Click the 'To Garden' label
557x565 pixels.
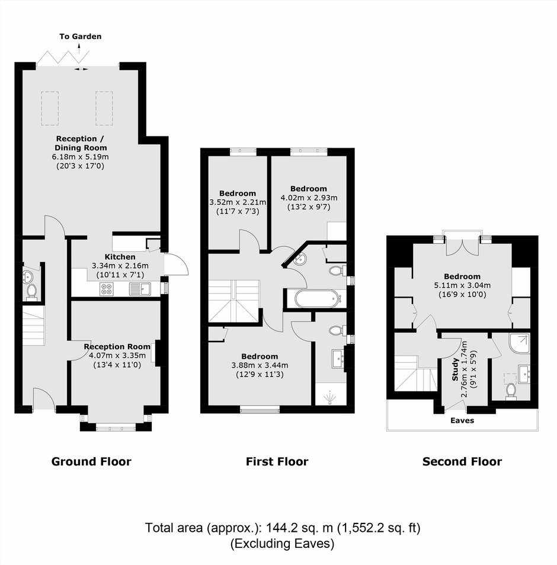coord(81,36)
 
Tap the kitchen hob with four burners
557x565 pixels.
coord(107,289)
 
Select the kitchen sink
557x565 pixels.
coord(140,289)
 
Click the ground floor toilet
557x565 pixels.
coord(31,292)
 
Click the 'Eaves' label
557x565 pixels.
coord(462,420)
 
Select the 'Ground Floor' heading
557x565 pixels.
coord(91,462)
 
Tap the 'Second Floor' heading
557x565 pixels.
coord(462,462)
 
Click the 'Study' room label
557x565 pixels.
coord(456,369)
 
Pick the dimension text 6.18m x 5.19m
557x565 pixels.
coord(81,157)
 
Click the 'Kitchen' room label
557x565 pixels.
coord(120,257)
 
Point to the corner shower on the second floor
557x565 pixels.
coord(520,343)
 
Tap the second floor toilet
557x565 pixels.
coord(511,391)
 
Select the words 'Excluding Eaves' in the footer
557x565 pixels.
coord(282,543)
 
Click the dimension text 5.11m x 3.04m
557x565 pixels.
coord(462,285)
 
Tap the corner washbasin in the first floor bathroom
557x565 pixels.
coord(300,258)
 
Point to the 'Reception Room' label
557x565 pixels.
coord(117,347)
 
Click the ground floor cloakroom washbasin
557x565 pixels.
coord(27,277)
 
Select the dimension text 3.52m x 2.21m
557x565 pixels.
coord(238,202)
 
